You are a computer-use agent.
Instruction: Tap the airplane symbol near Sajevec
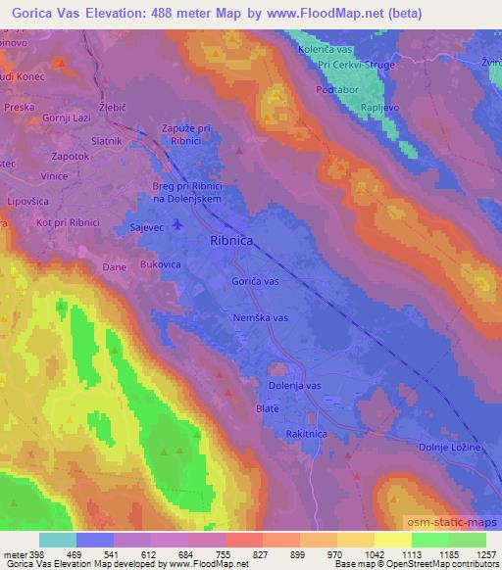pyautogui.click(x=176, y=225)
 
